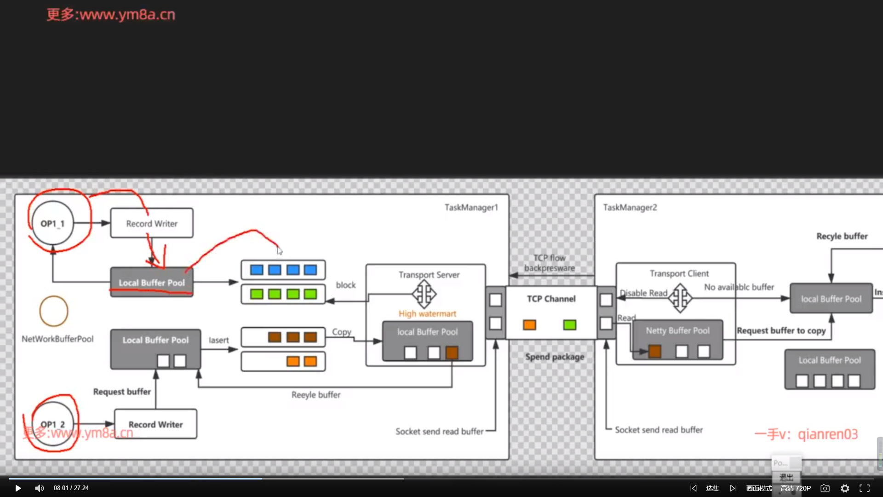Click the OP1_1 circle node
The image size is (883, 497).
coord(52,223)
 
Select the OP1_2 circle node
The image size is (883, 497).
coord(53,424)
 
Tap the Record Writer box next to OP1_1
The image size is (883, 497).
coord(152,223)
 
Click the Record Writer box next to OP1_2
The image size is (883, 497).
coord(155,424)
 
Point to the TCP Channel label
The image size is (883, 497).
coord(551,299)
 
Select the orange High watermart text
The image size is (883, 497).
coord(427,313)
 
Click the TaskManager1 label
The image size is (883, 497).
coord(471,208)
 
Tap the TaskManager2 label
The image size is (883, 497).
coord(630,208)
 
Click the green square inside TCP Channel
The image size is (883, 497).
coord(569,325)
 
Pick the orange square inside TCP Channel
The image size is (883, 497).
coord(529,325)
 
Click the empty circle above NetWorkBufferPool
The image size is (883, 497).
coord(54,311)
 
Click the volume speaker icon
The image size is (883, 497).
coord(40,488)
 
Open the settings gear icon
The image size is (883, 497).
coord(845,488)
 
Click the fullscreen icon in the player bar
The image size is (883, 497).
coord(865,488)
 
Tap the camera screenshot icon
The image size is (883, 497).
coord(825,488)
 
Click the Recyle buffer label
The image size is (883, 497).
coord(842,236)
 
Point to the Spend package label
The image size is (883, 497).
coord(555,357)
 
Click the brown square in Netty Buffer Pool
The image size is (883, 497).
coord(654,352)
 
